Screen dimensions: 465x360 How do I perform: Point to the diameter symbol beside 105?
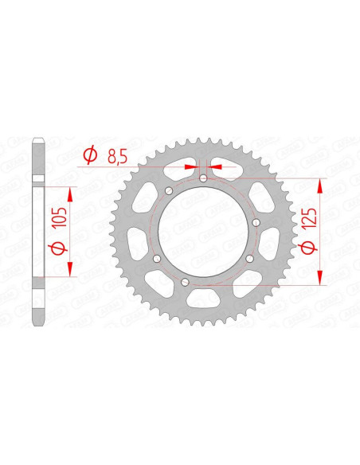57,250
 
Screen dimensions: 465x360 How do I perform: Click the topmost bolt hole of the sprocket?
204,178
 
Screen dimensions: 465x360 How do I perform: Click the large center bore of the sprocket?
195,230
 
